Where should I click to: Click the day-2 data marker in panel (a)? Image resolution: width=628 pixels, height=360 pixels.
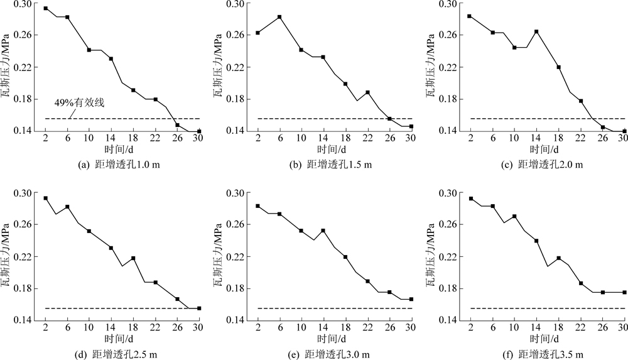pos(45,8)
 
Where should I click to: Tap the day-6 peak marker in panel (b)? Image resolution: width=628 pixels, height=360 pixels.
pos(279,17)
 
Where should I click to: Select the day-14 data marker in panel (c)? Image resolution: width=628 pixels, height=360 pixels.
pos(536,31)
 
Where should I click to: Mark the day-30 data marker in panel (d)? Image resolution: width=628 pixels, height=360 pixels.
pos(199,308)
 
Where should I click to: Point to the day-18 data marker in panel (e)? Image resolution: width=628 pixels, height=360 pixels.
pos(345,257)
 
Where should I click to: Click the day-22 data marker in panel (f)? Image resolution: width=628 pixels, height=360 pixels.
pos(581,283)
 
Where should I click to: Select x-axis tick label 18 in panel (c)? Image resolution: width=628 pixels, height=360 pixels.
pos(558,138)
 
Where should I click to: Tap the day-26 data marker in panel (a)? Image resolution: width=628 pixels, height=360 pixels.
pos(177,125)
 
